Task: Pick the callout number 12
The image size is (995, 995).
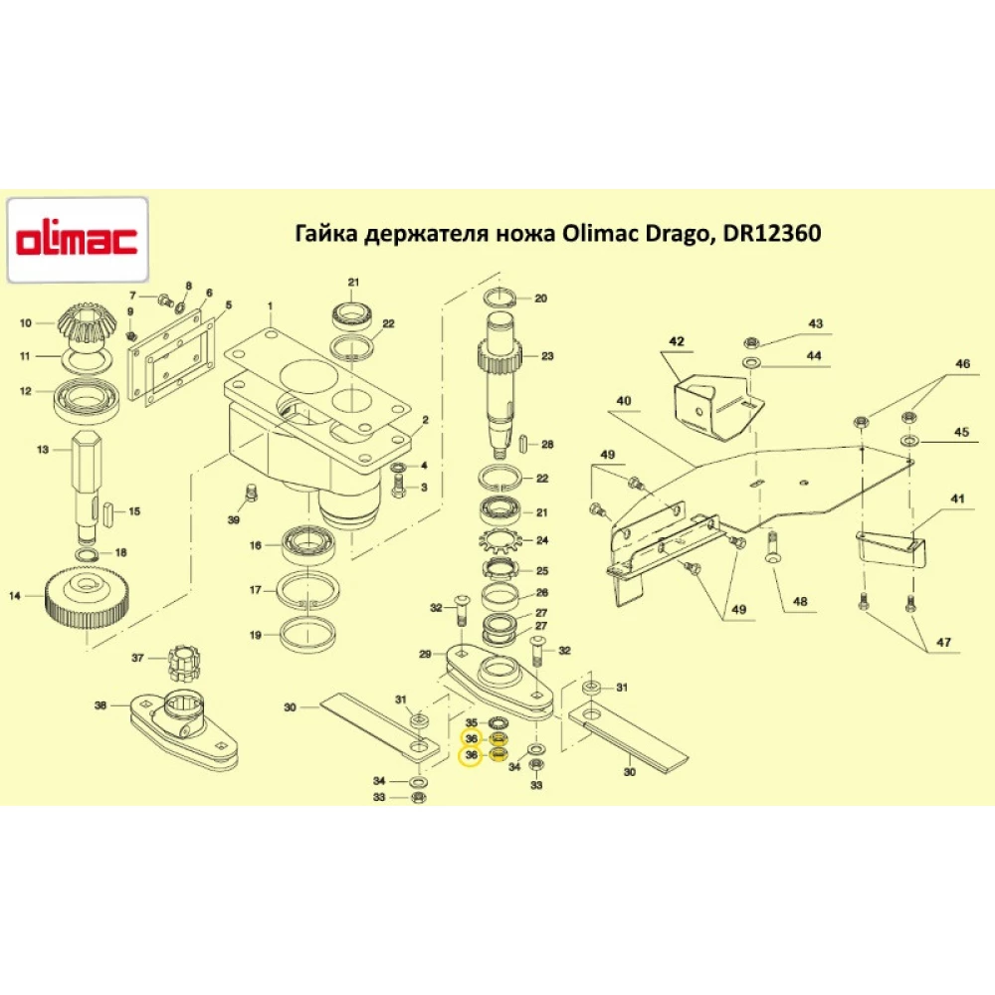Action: (27, 391)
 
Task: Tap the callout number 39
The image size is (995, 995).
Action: (234, 521)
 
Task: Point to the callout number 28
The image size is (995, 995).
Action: (546, 444)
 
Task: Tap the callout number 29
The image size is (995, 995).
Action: (425, 654)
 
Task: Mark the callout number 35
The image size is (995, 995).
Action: (472, 722)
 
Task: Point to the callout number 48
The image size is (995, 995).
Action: (800, 601)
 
